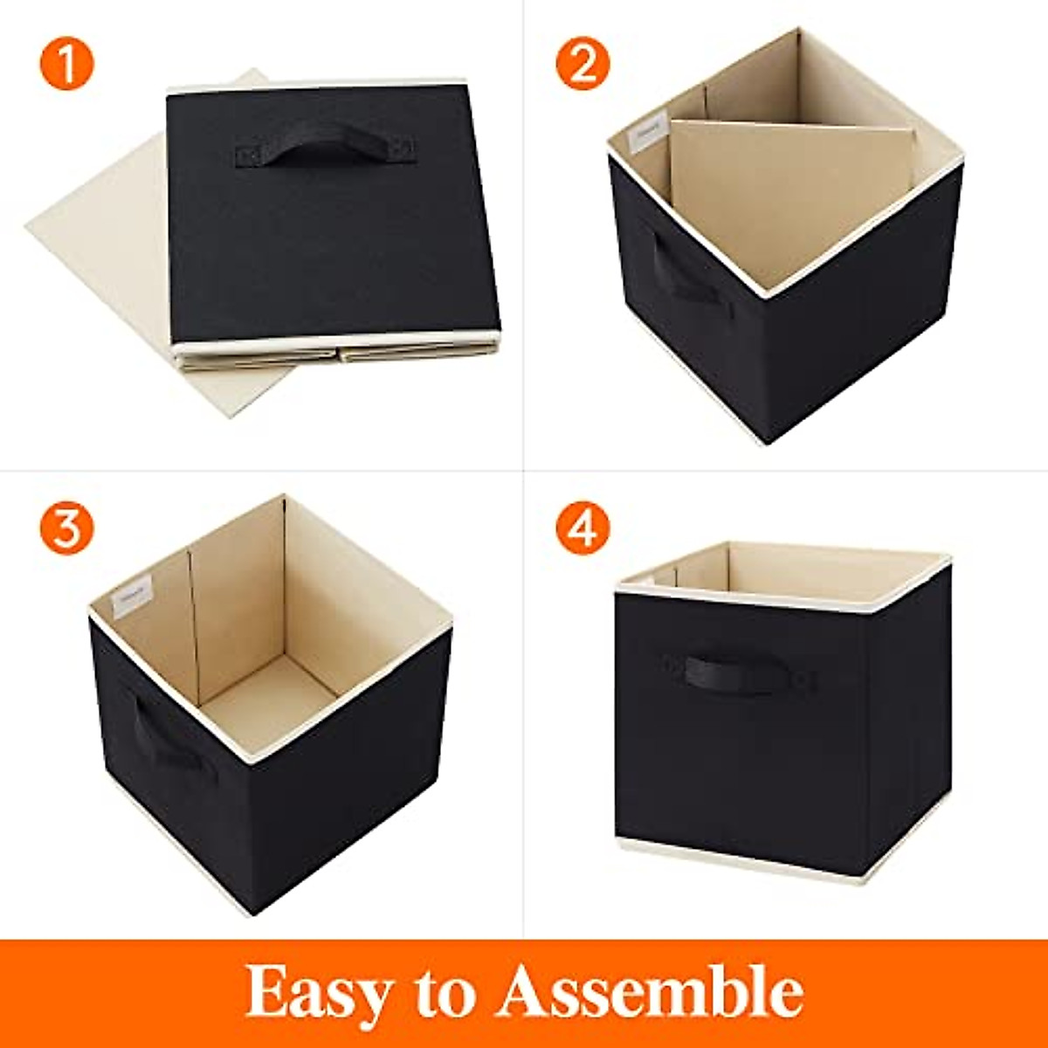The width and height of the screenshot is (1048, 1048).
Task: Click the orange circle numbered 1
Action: tap(65, 63)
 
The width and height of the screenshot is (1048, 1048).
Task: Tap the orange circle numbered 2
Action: tap(583, 63)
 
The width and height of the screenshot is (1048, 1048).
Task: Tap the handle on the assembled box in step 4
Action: tap(741, 672)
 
